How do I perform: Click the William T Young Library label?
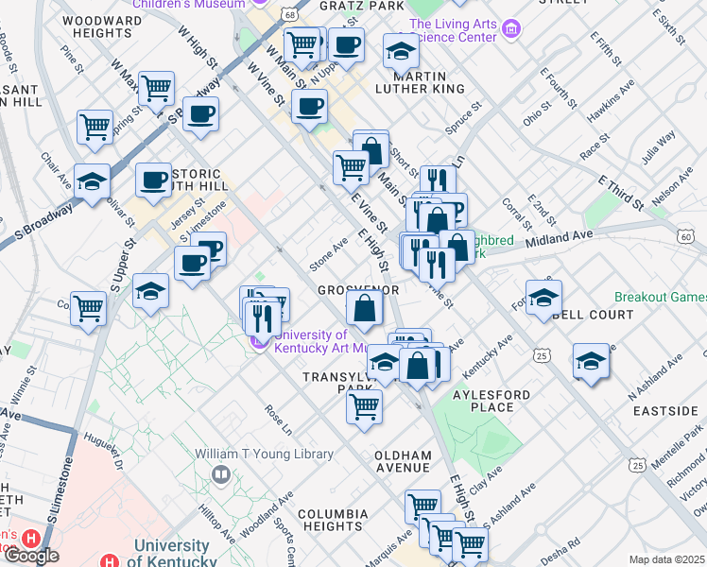click(265, 454)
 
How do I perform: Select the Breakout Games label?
click(660, 296)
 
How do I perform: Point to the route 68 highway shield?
click(288, 15)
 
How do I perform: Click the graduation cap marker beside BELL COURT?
click(543, 297)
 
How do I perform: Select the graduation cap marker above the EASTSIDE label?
click(592, 361)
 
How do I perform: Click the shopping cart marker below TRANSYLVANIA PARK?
click(364, 407)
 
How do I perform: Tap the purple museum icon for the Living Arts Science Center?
click(511, 30)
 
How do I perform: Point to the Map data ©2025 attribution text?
click(666, 559)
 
